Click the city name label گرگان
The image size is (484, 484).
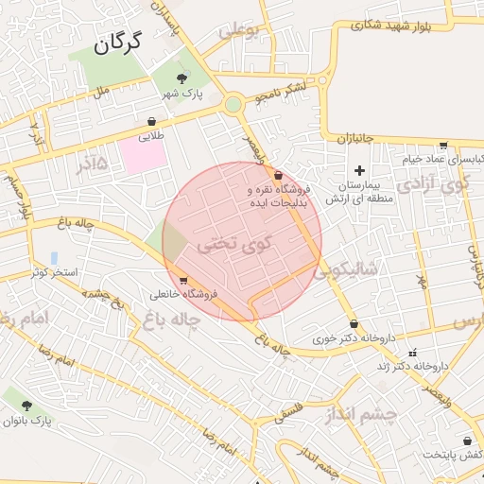pos(117,42)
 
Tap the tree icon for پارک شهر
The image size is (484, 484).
pos(181,78)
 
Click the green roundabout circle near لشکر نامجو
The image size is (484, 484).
pos(233,105)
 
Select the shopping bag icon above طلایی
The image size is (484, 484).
pos(151,121)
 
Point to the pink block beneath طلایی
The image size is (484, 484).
pos(141,157)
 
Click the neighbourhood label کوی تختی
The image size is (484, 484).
pos(233,244)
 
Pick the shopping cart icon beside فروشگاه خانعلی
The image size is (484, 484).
pos(182,280)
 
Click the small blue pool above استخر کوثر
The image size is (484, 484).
pos(54,257)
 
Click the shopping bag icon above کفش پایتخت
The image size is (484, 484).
pos(467,441)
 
